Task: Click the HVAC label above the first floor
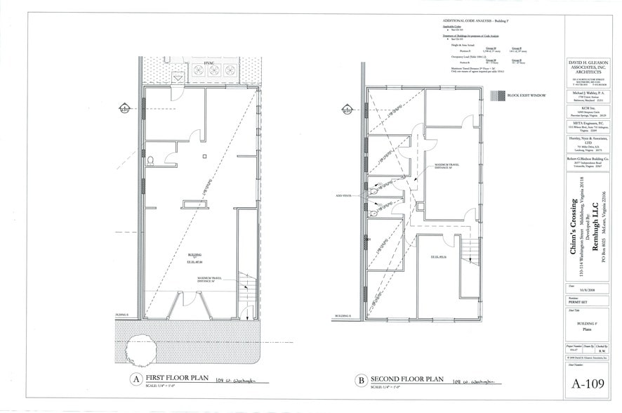(209, 63)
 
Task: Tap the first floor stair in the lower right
(245, 288)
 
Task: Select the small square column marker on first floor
(202, 156)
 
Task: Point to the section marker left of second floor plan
(347, 109)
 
